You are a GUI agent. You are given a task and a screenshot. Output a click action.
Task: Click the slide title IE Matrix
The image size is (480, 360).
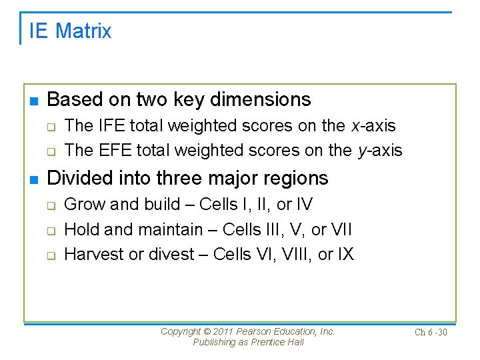coord(70,31)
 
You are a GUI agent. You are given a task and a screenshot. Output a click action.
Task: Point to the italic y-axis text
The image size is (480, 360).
coord(380,151)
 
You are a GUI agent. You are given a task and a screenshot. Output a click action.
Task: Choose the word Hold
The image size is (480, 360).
coord(81,229)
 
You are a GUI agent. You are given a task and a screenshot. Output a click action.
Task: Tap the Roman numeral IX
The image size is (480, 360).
coord(345,254)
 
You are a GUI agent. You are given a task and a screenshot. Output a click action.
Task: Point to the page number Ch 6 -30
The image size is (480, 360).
coord(431,332)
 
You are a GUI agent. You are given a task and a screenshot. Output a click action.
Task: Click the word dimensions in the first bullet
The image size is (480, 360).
coord(260,99)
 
